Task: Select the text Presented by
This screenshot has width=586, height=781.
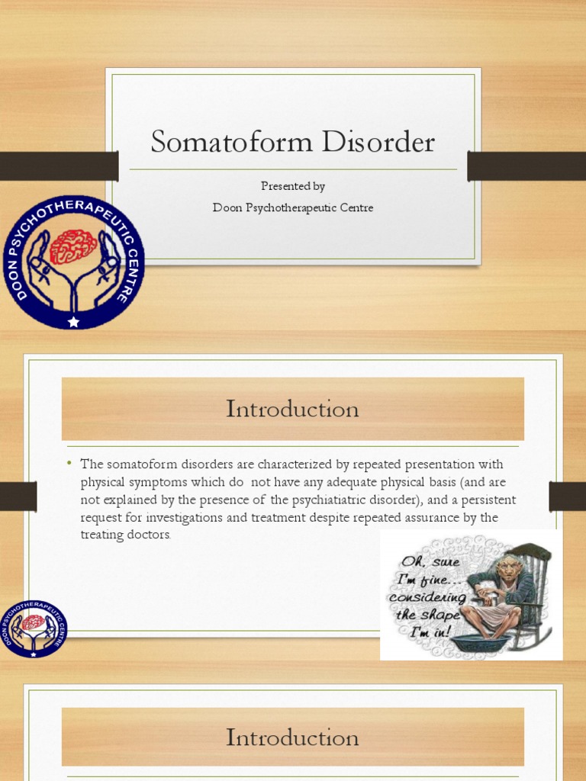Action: pos(293,186)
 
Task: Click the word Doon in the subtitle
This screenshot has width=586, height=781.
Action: pos(226,207)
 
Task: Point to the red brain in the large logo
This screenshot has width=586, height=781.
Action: pos(73,246)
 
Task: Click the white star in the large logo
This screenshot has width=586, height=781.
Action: pos(73,322)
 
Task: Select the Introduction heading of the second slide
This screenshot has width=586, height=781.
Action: pos(292,410)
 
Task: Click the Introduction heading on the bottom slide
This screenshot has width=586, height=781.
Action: pos(292,738)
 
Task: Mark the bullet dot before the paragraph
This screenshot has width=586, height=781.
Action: pos(69,464)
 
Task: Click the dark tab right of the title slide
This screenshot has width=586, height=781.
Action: pos(526,166)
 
